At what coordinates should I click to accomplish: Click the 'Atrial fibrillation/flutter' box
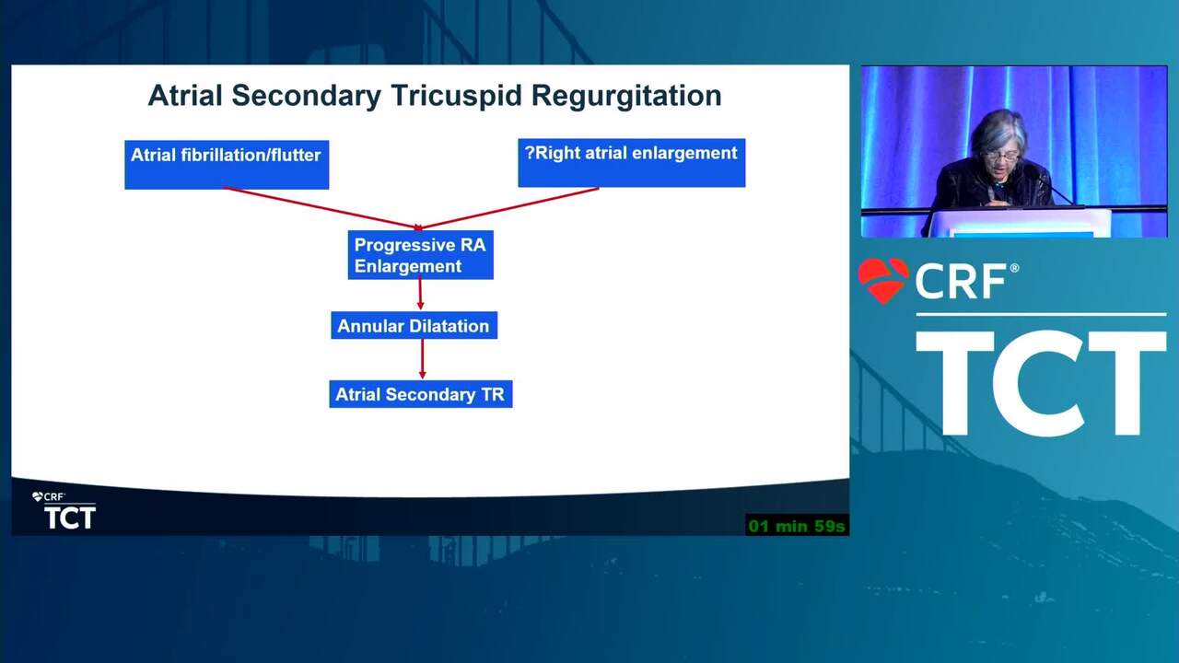(x=227, y=165)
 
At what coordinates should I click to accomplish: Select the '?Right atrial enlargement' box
(x=632, y=163)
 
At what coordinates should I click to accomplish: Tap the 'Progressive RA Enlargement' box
(x=421, y=255)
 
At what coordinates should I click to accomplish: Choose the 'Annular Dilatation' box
(x=414, y=326)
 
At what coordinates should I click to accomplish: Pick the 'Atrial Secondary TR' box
(x=421, y=394)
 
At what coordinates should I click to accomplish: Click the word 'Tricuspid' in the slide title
(x=456, y=96)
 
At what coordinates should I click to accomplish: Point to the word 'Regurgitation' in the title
(x=626, y=97)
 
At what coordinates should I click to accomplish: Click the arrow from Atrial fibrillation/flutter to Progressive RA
(x=322, y=208)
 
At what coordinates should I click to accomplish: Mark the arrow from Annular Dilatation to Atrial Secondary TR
(x=422, y=359)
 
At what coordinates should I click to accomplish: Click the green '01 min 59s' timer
(x=797, y=526)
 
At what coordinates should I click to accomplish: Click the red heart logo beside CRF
(x=883, y=280)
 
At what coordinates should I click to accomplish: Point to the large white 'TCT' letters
(x=1041, y=382)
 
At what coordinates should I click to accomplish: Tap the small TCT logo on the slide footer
(x=69, y=518)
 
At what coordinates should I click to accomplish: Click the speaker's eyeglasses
(x=1000, y=157)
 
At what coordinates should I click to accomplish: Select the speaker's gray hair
(x=998, y=132)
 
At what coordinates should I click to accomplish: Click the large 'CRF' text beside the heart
(x=961, y=282)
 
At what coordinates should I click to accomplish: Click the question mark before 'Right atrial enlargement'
(x=530, y=153)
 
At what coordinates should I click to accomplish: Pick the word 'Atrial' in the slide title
(x=185, y=96)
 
